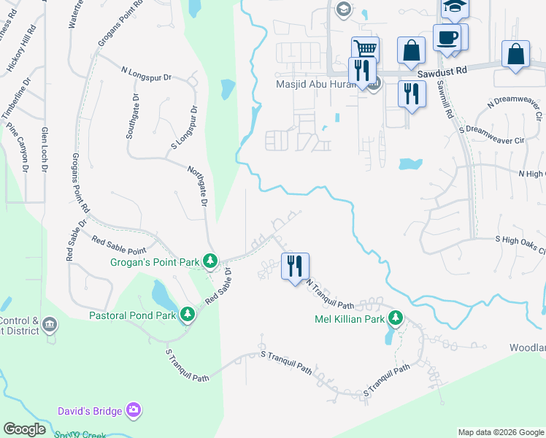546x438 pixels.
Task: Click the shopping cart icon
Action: click(x=365, y=49)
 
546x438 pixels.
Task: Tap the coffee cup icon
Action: click(x=447, y=36)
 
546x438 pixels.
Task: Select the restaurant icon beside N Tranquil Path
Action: click(x=295, y=266)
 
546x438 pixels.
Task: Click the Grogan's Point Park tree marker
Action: click(x=210, y=261)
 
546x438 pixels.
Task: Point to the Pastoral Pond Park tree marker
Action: click(x=188, y=315)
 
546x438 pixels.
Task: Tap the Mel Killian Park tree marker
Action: click(x=396, y=318)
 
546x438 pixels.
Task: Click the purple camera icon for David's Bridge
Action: click(x=134, y=411)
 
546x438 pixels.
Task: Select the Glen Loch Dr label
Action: click(x=45, y=150)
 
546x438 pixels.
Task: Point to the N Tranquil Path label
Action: click(x=330, y=294)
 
